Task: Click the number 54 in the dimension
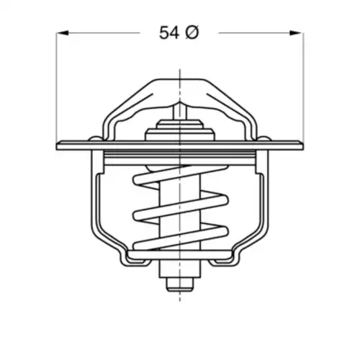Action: click(x=169, y=33)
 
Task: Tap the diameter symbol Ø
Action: click(x=192, y=32)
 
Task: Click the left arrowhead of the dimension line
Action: click(x=62, y=33)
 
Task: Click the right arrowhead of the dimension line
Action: click(x=296, y=33)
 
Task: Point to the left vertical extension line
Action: click(x=56, y=87)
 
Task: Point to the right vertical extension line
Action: click(x=303, y=87)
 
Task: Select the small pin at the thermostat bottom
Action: click(x=180, y=284)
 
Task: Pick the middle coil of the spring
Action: click(x=180, y=207)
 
